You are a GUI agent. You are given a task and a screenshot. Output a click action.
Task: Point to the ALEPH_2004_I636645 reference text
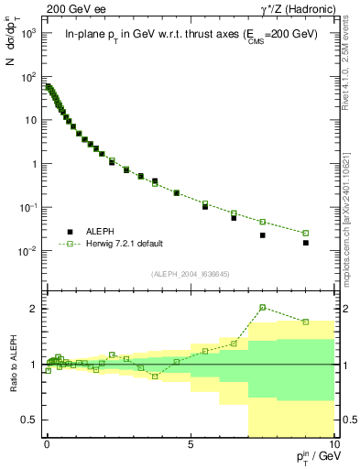point(190,274)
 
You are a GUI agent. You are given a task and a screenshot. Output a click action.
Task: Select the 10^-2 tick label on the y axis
point(28,251)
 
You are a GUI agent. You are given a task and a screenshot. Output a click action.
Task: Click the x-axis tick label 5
point(191,443)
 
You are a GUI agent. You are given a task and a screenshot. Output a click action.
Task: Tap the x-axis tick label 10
point(333,443)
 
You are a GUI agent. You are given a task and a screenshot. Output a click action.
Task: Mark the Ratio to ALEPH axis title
point(12,365)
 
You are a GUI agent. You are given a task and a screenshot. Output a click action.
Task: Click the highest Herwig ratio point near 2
point(263,308)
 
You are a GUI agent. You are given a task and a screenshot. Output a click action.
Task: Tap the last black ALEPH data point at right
point(306,243)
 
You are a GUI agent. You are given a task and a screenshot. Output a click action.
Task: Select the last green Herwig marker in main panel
point(306,233)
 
